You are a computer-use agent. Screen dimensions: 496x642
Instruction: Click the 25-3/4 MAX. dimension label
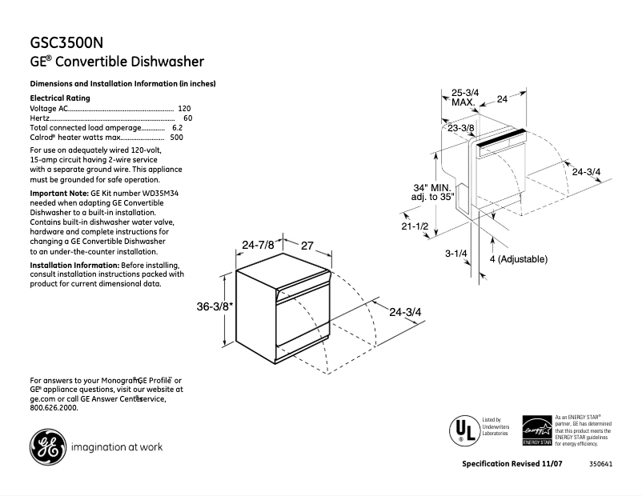point(464,98)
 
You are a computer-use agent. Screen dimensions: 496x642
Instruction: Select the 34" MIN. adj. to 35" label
point(432,192)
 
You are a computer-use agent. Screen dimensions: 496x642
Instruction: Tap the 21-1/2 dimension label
point(415,226)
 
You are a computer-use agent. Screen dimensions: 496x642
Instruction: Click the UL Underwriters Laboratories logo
point(462,430)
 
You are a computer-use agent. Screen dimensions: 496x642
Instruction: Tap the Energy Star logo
point(536,430)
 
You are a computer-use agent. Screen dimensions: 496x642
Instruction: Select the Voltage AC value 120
point(184,108)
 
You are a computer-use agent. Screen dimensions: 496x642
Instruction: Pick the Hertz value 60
point(187,118)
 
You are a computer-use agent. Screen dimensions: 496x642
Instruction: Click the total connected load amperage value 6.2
point(177,127)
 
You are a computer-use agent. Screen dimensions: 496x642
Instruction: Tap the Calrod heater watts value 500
point(177,137)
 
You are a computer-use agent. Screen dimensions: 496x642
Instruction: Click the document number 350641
point(601,465)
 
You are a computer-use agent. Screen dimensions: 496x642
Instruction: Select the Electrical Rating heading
point(60,98)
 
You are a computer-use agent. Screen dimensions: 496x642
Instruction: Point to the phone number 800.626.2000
point(54,407)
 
